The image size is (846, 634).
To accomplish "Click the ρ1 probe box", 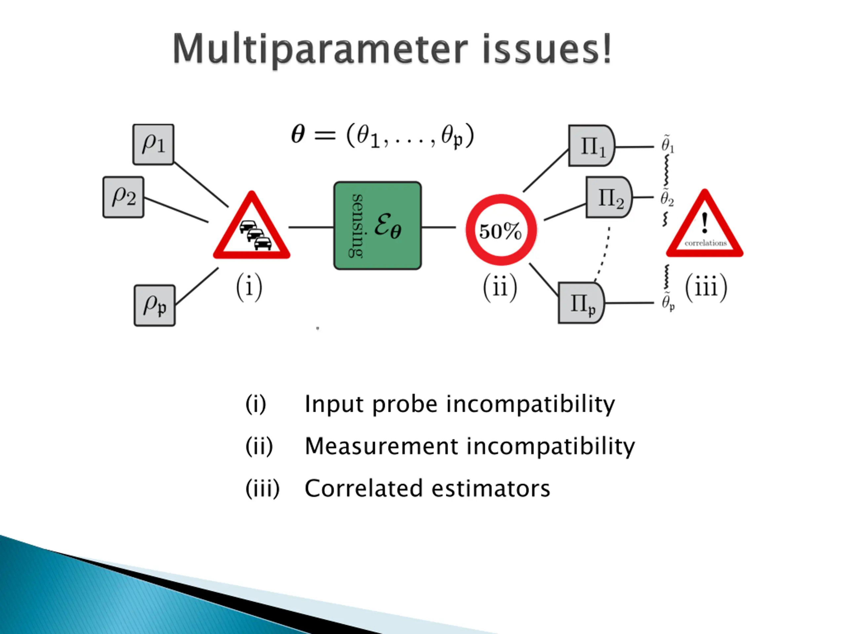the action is click(x=153, y=144).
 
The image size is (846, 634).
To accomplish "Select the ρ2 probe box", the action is click(x=123, y=197).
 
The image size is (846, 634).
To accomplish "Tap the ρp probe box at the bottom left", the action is click(x=155, y=305).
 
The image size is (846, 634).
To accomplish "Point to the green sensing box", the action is click(x=377, y=226).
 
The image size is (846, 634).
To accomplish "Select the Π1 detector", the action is click(x=591, y=146).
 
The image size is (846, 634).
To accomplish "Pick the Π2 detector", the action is click(x=608, y=197).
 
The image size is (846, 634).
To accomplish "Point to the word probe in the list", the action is click(x=404, y=404).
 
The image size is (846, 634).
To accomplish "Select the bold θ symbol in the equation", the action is click(x=298, y=134).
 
